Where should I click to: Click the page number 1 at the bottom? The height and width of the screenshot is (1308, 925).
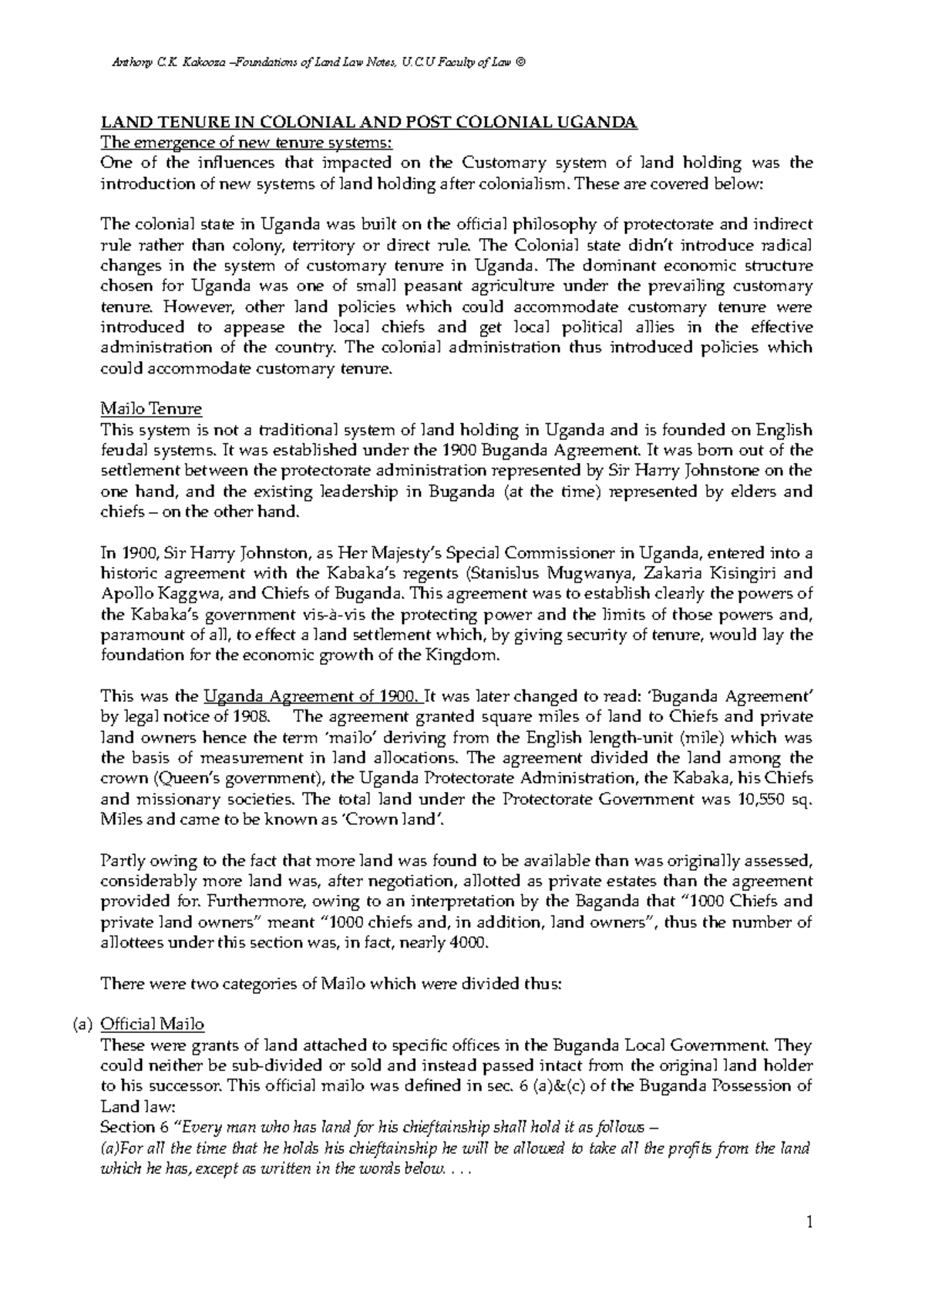[x=809, y=1222]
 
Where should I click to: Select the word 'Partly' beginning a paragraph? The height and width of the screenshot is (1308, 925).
[x=121, y=860]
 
